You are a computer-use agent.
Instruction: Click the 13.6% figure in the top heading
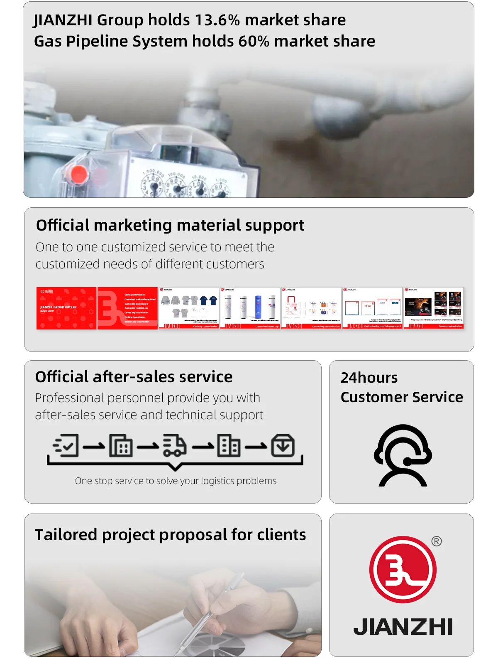point(217,20)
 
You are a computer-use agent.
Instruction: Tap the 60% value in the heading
point(254,41)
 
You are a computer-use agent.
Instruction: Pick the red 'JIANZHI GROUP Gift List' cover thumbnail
point(66,308)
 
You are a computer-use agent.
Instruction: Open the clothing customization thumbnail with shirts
point(189,308)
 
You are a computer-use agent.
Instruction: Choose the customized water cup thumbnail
point(250,308)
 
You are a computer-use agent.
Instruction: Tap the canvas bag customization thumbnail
point(311,308)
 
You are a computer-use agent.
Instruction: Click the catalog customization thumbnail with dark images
point(434,308)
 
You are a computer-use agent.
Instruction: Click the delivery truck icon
point(174,446)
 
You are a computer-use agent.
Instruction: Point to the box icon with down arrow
point(283,446)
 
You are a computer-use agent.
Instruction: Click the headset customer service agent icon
point(403,455)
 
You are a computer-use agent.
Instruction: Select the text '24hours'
point(369,378)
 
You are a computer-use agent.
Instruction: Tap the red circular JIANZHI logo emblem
point(403,569)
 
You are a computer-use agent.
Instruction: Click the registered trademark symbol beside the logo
point(437,541)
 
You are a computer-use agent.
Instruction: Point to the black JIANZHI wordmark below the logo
point(403,627)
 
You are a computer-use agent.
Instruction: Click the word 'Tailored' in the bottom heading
point(66,535)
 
